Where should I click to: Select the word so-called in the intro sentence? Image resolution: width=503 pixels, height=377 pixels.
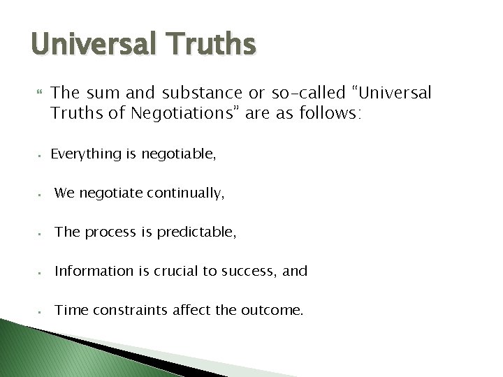point(291,92)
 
